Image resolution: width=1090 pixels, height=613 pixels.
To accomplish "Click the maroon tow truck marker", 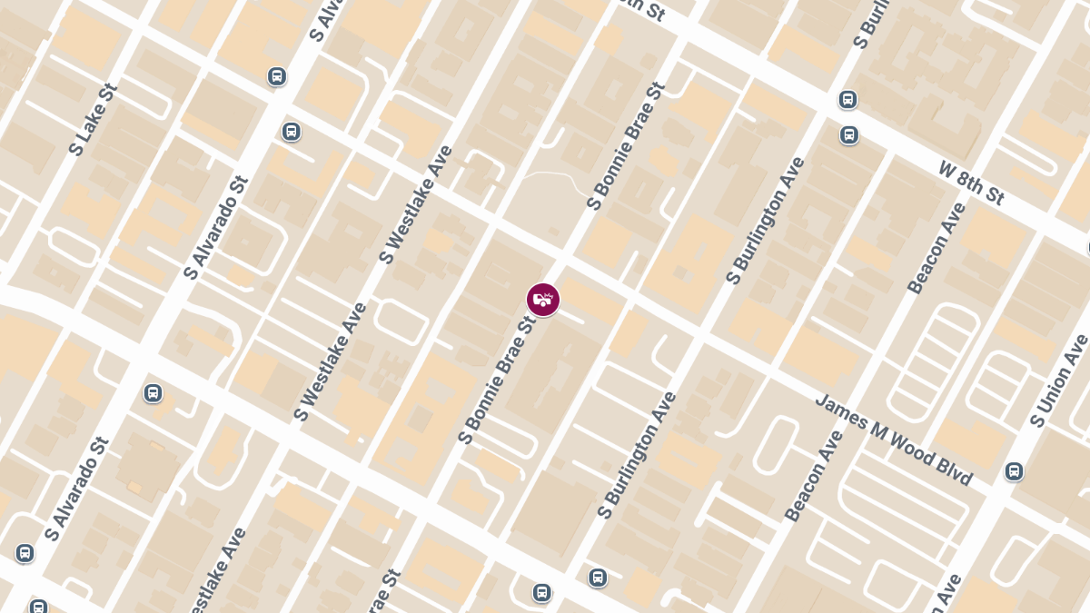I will pyautogui.click(x=543, y=300).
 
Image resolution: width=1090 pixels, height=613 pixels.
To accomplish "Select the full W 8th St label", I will pyautogui.click(x=971, y=183).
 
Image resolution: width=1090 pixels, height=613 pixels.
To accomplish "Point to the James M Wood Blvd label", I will pyautogui.click(x=894, y=440).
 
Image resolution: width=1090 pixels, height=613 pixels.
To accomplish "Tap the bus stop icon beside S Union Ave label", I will pyautogui.click(x=1015, y=471).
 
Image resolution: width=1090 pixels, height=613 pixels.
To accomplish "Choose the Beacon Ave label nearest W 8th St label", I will pyautogui.click(x=937, y=248).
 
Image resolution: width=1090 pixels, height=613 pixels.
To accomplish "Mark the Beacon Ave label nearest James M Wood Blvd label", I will pyautogui.click(x=814, y=475).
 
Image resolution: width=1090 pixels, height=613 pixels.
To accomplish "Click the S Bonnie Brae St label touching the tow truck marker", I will pyautogui.click(x=499, y=380).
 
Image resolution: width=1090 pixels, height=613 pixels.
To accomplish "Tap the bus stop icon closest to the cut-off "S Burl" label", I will pyautogui.click(x=847, y=99).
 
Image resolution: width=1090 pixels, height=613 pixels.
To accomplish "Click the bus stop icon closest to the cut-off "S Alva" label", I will pyautogui.click(x=277, y=76).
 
